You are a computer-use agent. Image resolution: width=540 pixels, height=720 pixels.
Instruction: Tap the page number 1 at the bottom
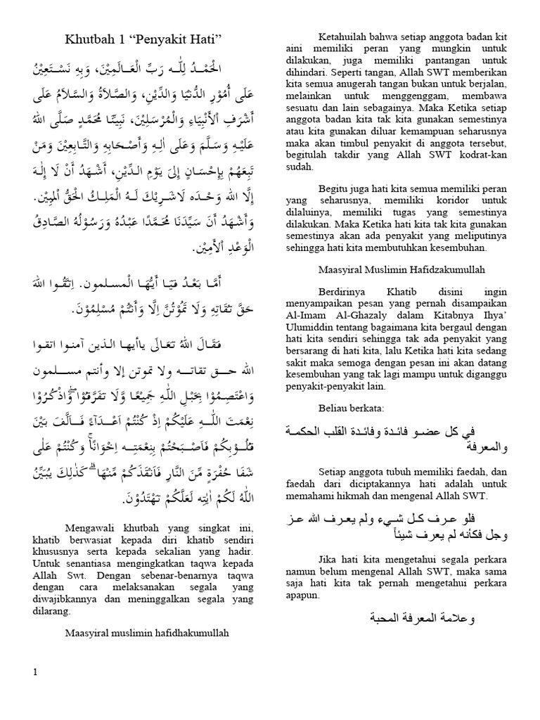35,673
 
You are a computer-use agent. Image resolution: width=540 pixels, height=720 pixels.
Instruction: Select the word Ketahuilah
326,36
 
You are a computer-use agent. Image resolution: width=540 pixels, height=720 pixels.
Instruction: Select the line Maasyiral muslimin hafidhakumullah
148,633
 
